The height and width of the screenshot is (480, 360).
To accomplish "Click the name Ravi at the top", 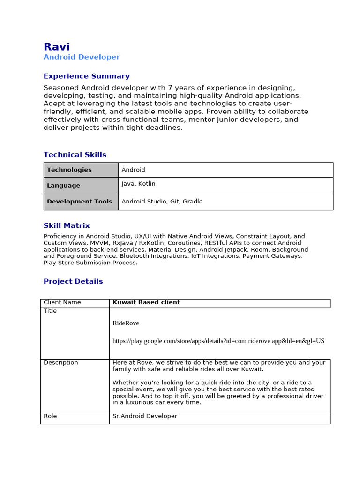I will click(x=57, y=47).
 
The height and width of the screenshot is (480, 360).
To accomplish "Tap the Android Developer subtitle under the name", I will click(x=82, y=57).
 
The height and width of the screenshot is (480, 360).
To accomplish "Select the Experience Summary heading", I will click(x=86, y=76).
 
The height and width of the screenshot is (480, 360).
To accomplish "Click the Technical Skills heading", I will click(x=75, y=155).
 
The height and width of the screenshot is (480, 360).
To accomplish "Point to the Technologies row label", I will click(x=69, y=170).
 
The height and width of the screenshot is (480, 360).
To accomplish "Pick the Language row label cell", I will click(x=63, y=186).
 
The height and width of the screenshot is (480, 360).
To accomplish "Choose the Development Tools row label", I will click(x=80, y=202).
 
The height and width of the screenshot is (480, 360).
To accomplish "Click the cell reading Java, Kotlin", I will click(x=138, y=184).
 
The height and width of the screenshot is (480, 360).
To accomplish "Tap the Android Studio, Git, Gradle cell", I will click(x=162, y=202).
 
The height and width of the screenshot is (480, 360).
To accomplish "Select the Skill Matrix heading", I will click(x=67, y=225).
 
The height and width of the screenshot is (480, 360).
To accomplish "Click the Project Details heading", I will click(x=73, y=282).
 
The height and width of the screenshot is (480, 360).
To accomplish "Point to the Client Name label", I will click(x=62, y=303).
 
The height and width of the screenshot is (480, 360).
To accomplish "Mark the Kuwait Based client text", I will click(x=146, y=303).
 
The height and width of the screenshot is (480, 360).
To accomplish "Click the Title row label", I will click(x=50, y=311).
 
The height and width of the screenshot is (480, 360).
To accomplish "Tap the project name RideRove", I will click(x=126, y=323).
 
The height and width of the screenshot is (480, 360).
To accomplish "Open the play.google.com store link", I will click(x=218, y=341).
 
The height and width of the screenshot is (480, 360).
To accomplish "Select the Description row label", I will click(x=61, y=363).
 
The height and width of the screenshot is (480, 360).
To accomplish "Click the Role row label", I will click(x=50, y=416).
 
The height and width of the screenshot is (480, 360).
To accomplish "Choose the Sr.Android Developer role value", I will click(x=145, y=416).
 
